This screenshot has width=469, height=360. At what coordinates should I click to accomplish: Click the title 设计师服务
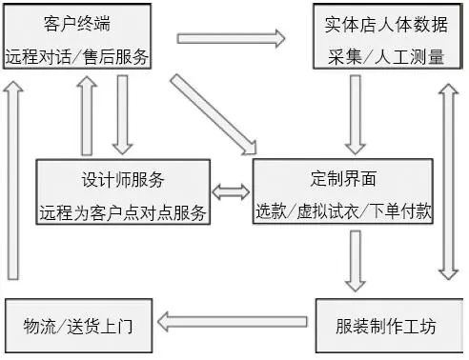tap(124, 180)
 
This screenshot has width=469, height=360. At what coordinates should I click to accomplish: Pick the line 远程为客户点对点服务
tap(124, 211)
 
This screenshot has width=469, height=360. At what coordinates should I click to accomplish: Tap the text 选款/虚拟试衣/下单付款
tap(344, 211)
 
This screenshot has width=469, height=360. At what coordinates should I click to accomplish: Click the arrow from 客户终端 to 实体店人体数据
tap(232, 39)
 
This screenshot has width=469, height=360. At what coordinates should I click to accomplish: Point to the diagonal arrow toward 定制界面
tap(214, 111)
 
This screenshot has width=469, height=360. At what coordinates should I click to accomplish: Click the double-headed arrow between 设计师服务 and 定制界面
tap(230, 193)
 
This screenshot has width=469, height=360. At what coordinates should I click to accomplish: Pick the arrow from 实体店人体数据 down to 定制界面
tap(356, 114)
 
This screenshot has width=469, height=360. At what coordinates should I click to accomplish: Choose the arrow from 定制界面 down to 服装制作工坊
tap(356, 260)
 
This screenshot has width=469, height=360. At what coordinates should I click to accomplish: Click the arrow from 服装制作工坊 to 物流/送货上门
tap(234, 322)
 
